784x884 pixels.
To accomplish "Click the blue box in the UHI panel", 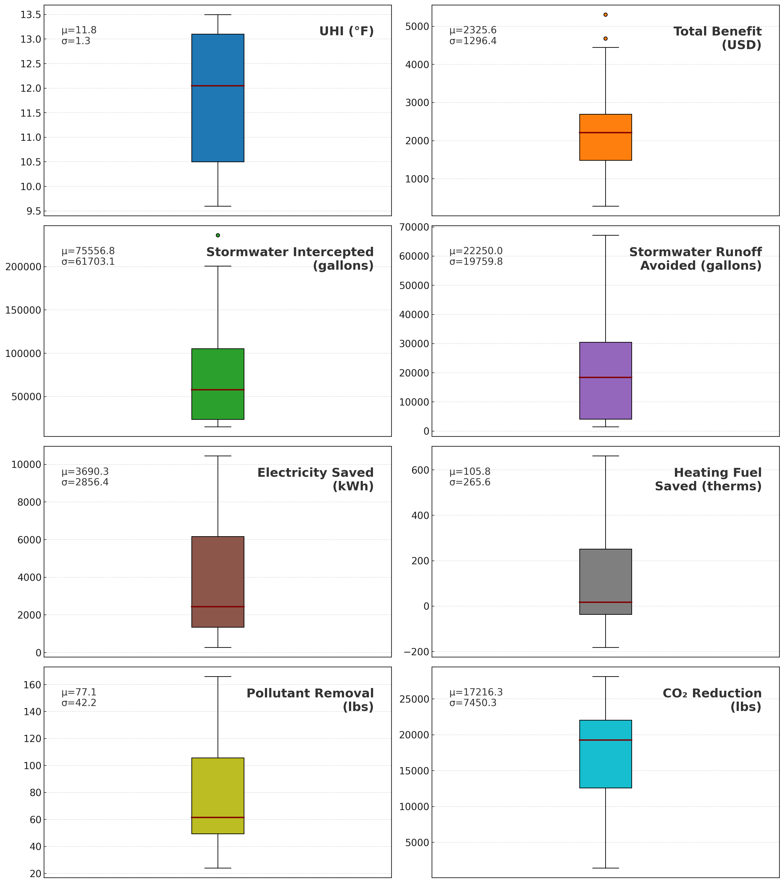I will point(218,121).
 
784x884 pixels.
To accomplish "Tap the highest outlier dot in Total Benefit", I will point(605,15).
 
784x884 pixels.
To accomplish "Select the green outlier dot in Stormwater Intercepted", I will point(218,235).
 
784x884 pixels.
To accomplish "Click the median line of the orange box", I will point(605,132).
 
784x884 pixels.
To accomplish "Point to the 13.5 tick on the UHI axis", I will point(31,15).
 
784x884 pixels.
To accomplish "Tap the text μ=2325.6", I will point(473,30).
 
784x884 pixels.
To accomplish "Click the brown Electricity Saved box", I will point(218,571).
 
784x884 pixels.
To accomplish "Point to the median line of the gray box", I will point(605,602).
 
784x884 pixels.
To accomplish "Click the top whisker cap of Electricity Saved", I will point(218,456).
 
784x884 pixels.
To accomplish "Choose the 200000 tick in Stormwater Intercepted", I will point(23,267).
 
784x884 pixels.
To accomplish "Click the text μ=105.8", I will point(470,471).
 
